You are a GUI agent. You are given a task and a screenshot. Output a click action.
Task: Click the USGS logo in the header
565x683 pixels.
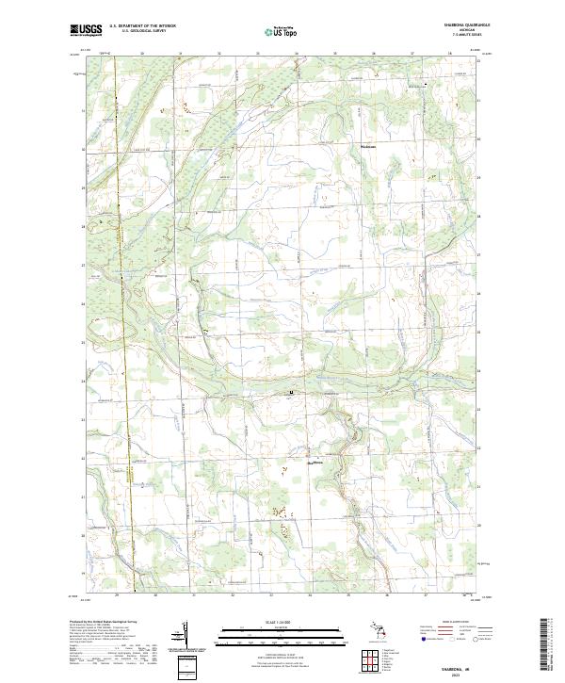[87, 30]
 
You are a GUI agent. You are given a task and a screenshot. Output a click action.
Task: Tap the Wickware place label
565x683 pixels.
[369, 146]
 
